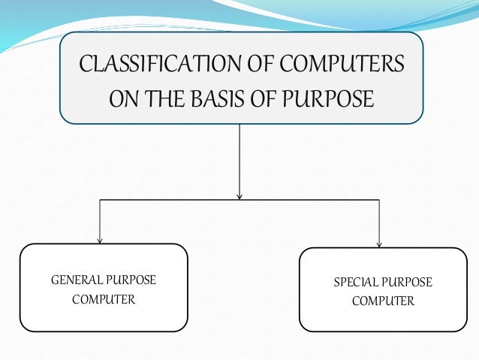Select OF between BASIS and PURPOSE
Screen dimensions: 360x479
point(274,98)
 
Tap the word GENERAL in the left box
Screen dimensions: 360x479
point(75,280)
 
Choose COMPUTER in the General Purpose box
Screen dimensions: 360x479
point(104,300)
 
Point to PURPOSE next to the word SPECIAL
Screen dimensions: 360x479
point(407,283)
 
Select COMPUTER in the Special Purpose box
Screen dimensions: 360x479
point(383,301)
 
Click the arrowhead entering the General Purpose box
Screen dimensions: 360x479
point(100,241)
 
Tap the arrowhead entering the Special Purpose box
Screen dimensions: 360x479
point(379,244)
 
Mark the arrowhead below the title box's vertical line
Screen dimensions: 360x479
point(239,197)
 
